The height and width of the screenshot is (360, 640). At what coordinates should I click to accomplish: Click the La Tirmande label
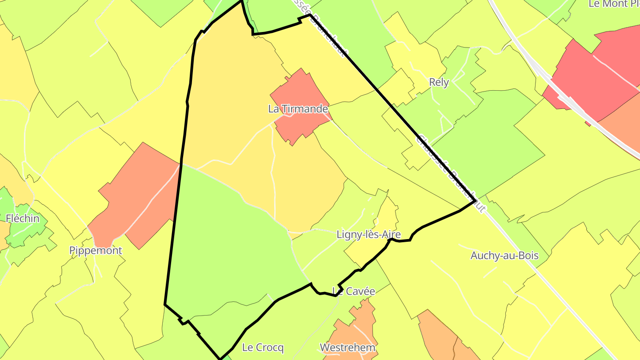point(298,109)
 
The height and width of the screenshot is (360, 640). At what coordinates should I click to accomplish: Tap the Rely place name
point(439,82)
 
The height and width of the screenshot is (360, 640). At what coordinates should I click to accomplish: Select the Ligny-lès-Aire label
point(368,234)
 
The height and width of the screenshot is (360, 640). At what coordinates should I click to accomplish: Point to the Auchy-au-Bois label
point(504,256)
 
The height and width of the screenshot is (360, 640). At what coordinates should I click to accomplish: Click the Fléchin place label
point(23,218)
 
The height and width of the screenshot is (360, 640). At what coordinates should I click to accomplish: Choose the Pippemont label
point(96,250)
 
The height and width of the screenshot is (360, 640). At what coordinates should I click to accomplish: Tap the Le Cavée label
point(354,291)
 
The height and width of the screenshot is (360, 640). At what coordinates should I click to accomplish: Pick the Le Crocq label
point(263,347)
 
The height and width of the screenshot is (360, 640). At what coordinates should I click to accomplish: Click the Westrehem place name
point(348,347)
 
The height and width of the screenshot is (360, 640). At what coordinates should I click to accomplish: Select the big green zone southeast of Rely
point(489,142)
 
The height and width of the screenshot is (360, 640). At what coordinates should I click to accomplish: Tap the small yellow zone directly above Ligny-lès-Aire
point(387,213)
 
